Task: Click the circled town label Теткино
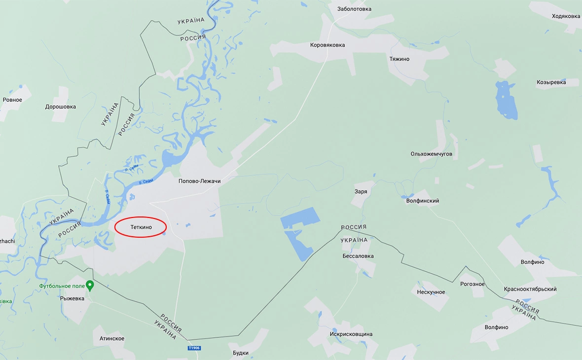141,227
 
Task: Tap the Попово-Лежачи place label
199,181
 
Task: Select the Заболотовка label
354,9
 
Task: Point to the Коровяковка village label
327,45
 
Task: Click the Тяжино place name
400,59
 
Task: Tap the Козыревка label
558,82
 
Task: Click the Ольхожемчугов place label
431,154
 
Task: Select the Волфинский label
423,201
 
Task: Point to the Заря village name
361,191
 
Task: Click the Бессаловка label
358,256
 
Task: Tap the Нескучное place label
431,292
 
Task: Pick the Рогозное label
472,284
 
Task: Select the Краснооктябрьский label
530,289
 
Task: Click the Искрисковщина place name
351,334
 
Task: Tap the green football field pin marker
90,285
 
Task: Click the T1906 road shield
194,348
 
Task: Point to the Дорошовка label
61,106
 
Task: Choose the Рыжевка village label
72,298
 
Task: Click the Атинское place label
112,338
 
